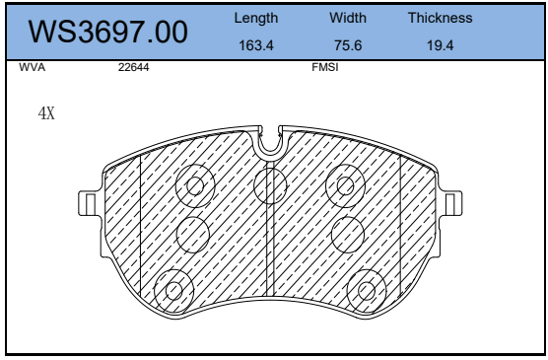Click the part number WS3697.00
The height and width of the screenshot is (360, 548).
pyautogui.click(x=108, y=32)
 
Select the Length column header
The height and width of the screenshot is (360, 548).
pyautogui.click(x=256, y=18)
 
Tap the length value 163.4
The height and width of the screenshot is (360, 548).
pyautogui.click(x=256, y=45)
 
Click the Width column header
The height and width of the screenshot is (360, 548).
pyautogui.click(x=348, y=18)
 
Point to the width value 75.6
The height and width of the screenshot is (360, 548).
pyautogui.click(x=348, y=45)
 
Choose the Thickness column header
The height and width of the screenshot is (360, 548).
pyautogui.click(x=440, y=18)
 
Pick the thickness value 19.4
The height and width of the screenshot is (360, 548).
pyautogui.click(x=440, y=45)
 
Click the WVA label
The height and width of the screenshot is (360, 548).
pyautogui.click(x=33, y=67)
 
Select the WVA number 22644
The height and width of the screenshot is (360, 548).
pyautogui.click(x=133, y=67)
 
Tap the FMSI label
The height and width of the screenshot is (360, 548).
pyautogui.click(x=325, y=67)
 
